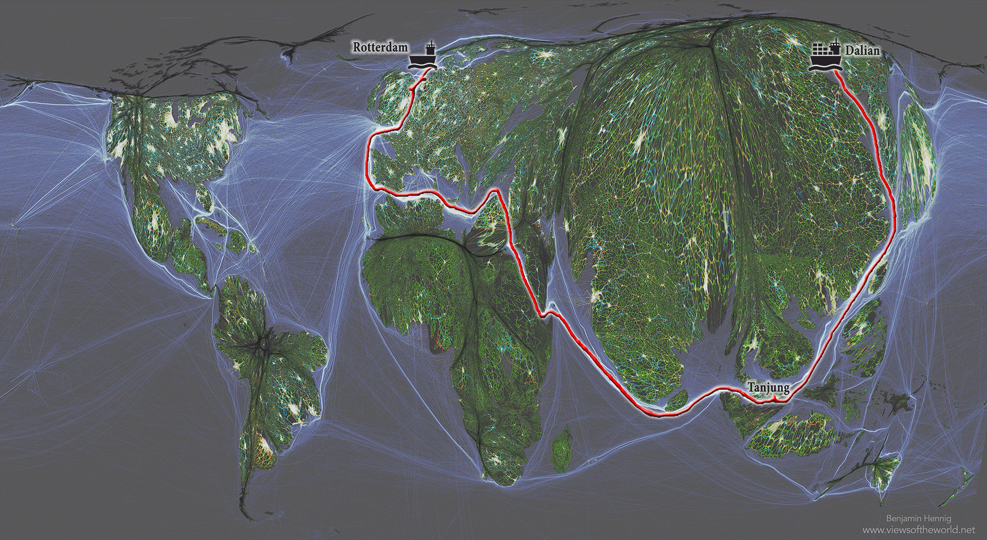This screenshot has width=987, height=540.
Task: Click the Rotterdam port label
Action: tap(380, 47)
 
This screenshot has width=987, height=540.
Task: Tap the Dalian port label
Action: tap(862, 50)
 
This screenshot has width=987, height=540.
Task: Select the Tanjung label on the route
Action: tap(768, 387)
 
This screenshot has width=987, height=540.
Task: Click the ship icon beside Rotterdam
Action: tap(423, 57)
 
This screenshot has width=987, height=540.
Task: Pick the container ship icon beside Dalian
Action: tap(825, 57)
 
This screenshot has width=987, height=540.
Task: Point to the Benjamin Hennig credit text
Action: tap(918, 518)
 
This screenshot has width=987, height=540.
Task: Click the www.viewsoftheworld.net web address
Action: tap(918, 530)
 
